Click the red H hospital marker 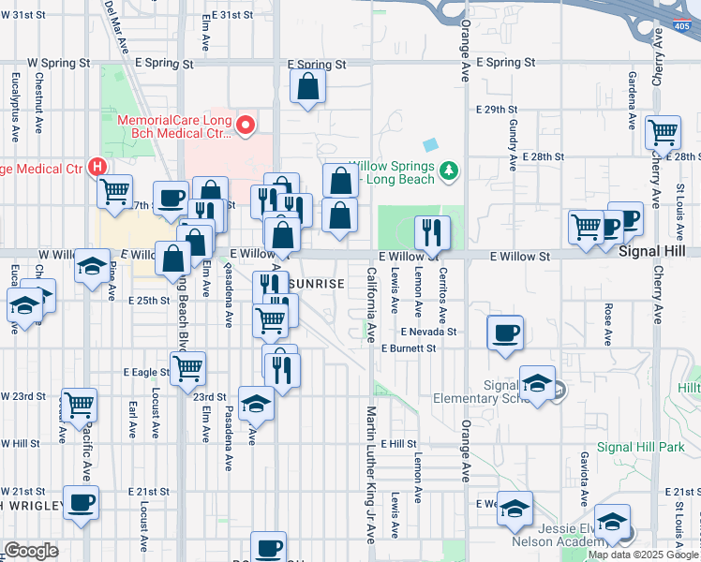96,168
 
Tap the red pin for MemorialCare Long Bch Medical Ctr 246,125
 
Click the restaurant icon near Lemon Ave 432,231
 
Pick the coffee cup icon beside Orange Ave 505,333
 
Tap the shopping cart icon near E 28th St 663,133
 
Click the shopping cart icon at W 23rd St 79,405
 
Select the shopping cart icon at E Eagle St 187,368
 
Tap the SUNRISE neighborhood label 316,282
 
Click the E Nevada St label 428,332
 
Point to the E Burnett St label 410,348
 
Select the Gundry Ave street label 513,144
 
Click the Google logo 31,551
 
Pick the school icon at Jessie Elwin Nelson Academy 612,521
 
